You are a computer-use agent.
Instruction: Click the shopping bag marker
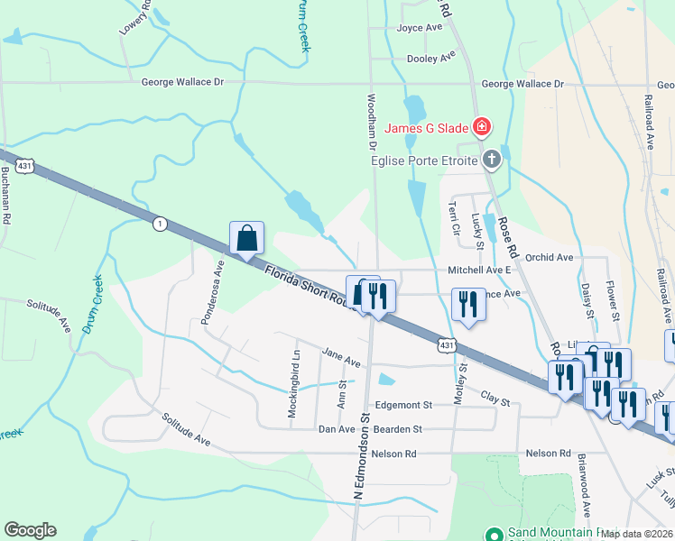coord(246,239)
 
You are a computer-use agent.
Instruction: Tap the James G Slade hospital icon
coord(483,127)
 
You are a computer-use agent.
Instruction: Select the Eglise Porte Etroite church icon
coord(492,160)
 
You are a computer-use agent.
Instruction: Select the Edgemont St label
coord(404,405)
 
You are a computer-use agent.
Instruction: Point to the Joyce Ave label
coord(420,28)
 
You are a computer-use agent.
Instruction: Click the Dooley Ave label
coord(431,58)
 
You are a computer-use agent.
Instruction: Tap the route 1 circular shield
coord(160,224)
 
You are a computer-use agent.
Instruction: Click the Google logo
coord(30,530)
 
